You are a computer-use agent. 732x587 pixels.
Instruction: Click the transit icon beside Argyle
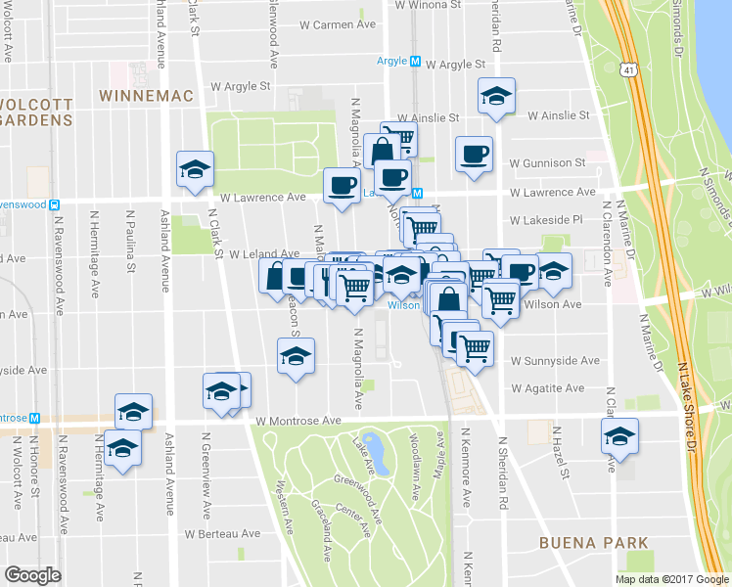pos(415,61)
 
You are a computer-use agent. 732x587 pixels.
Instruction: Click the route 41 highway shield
pos(626,69)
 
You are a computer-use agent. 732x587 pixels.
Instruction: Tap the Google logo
pos(33,575)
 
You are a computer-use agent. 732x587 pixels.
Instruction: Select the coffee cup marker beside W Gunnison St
pos(475,155)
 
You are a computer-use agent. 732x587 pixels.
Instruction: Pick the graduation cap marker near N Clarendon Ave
pos(619,436)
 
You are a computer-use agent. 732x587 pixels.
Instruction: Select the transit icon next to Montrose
pos(34,417)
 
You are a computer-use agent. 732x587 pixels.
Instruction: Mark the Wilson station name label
pos(403,304)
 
